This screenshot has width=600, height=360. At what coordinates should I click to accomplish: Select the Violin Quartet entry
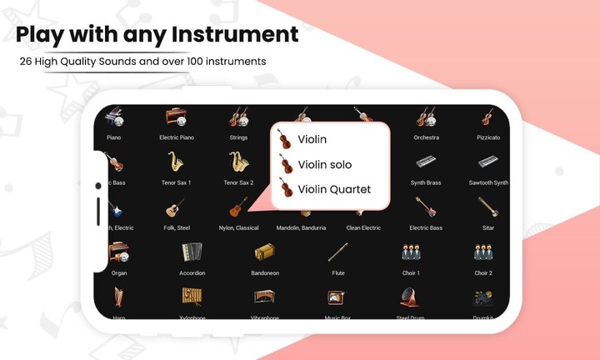point(333,189)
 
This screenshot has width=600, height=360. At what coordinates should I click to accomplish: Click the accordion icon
point(192,252)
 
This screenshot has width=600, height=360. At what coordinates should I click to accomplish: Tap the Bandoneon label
point(265,272)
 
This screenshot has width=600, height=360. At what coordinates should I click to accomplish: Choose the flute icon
point(337,252)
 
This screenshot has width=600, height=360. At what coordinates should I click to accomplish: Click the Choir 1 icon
point(411,252)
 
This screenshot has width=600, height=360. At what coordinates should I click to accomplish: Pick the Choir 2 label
point(483,272)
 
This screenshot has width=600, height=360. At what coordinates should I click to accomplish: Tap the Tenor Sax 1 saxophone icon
point(176,162)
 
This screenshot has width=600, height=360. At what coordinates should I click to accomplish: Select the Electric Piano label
point(176,137)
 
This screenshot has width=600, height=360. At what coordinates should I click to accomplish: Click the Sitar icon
point(488,207)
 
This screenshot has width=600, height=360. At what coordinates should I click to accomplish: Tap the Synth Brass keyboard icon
point(426,162)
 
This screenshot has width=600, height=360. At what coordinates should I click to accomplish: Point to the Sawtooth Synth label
point(488,182)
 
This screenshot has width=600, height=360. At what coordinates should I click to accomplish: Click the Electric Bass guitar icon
point(426,207)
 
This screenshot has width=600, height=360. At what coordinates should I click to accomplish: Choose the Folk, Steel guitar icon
point(176,207)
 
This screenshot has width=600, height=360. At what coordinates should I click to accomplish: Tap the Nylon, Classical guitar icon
point(238,207)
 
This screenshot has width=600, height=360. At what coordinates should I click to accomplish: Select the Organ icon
point(118,252)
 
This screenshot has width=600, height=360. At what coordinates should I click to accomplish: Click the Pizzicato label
point(488,137)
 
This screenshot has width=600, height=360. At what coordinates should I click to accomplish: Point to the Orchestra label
point(426,137)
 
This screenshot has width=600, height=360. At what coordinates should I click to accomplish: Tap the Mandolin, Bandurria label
point(301,227)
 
